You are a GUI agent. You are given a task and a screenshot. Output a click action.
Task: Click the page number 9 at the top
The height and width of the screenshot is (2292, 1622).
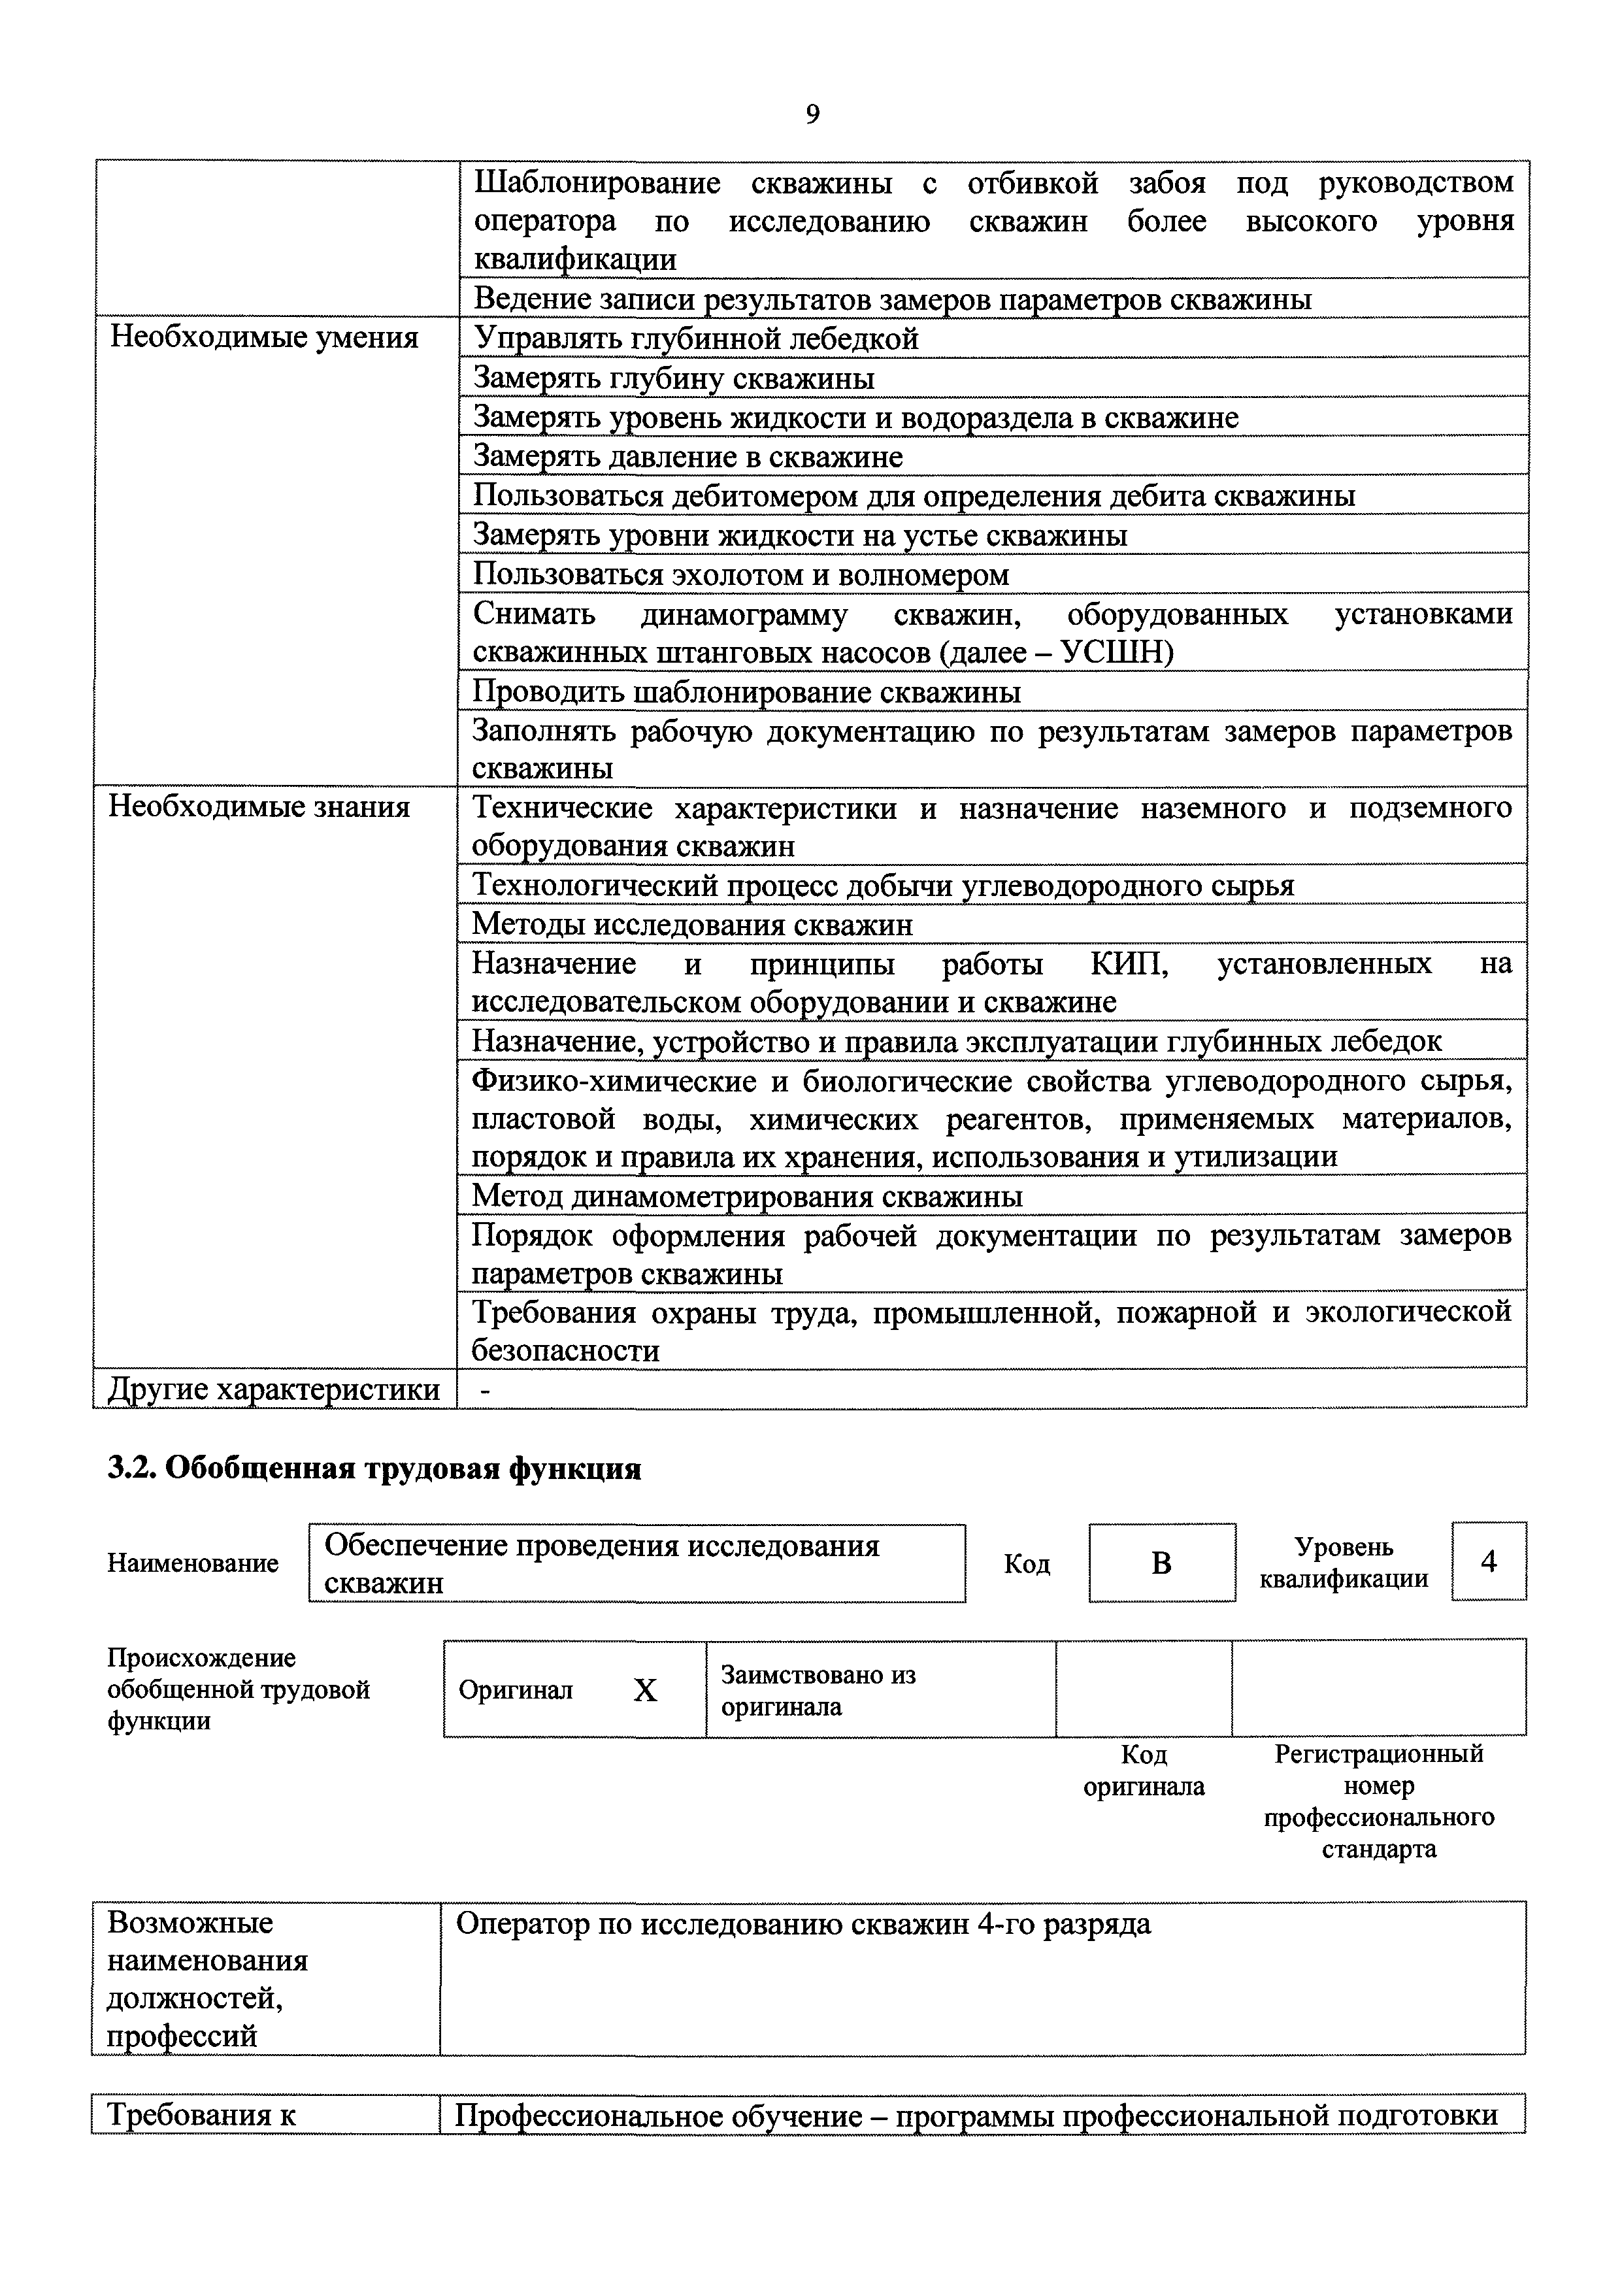coord(812,116)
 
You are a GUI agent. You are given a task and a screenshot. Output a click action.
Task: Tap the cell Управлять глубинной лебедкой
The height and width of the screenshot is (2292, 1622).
coord(695,339)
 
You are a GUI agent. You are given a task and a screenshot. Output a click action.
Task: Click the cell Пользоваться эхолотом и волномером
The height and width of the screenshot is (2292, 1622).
coord(740,575)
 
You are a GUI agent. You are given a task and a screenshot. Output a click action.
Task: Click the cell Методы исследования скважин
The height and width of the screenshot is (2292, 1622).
coord(692,925)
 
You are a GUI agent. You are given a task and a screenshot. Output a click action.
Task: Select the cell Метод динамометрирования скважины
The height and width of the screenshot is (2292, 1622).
coord(746,1197)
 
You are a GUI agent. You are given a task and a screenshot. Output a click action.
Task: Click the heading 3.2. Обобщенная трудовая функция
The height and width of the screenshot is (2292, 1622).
coord(374,1469)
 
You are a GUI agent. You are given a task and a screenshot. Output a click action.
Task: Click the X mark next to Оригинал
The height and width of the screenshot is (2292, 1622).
coord(645,1691)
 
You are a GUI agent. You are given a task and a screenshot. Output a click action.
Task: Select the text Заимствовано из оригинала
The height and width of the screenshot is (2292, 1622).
coord(818,1691)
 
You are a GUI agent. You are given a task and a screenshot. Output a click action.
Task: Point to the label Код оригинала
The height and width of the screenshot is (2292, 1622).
coord(1144,1770)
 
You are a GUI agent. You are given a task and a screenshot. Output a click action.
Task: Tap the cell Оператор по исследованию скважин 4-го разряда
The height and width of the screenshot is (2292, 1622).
coord(803,1925)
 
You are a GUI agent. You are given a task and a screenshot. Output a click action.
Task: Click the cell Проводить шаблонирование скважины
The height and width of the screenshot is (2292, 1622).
coord(746,692)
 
